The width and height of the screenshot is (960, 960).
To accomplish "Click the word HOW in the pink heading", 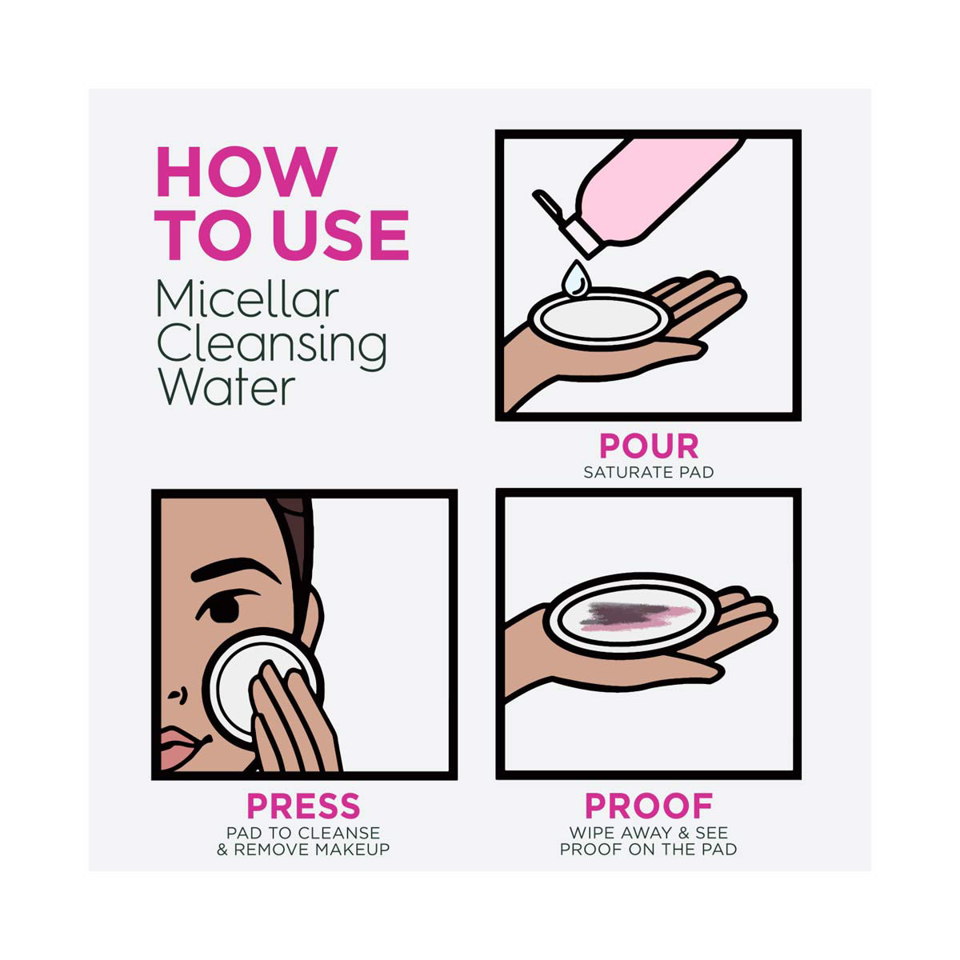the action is point(247,172).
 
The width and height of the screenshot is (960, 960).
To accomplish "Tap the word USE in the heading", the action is point(342,235).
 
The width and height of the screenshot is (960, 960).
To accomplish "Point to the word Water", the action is point(226,388).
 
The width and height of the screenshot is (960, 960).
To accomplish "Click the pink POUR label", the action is point(649,446).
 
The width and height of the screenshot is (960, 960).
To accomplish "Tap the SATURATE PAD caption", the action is point(649,472).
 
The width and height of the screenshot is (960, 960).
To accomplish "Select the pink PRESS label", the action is point(303,806).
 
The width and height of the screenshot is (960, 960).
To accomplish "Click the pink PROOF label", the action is point(649,806).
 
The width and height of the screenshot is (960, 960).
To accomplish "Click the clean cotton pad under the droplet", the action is point(600,319).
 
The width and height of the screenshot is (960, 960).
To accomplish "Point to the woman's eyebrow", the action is point(234,570).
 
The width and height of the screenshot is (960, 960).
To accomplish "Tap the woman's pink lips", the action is point(179,748).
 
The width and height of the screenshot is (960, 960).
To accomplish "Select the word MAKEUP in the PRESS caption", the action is point(352,850).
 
